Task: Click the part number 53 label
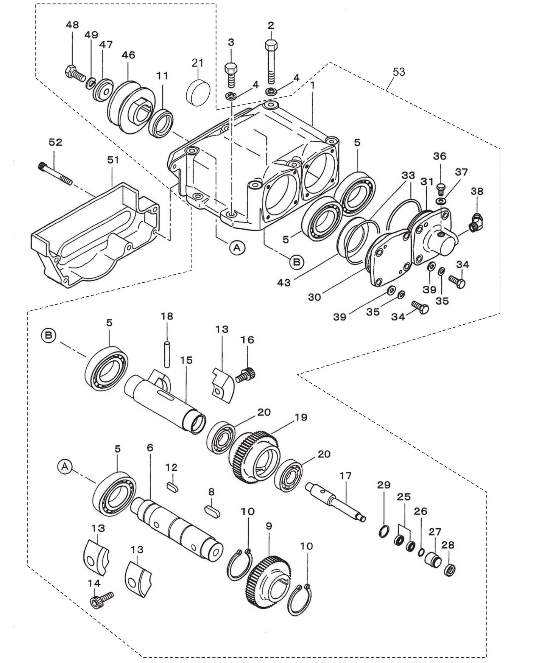tap(399, 72)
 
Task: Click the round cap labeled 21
tap(199, 92)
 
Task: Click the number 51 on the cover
tap(113, 160)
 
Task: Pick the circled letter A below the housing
tap(237, 248)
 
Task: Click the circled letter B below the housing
tap(297, 261)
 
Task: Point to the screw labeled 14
tap(101, 599)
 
